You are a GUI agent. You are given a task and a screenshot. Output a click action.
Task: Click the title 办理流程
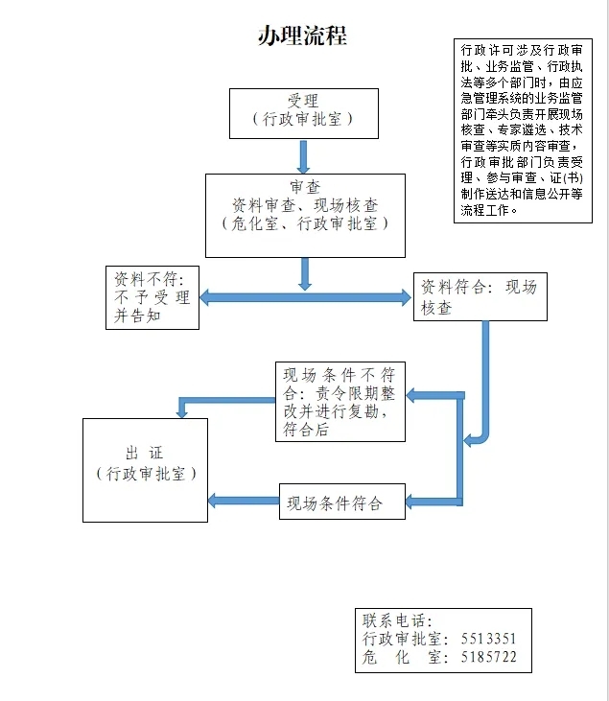(x=302, y=35)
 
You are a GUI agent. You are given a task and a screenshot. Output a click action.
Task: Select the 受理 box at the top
(x=304, y=113)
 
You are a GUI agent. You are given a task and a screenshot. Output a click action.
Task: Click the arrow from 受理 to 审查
(x=304, y=156)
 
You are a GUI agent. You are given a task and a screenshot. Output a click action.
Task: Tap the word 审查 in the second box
(x=305, y=186)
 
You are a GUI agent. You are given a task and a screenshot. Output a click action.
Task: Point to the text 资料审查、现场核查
(x=305, y=205)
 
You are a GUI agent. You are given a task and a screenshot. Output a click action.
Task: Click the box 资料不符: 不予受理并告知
(x=152, y=297)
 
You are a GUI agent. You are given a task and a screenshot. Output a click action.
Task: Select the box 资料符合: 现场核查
(x=480, y=297)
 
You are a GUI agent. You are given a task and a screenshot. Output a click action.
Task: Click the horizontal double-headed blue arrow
(x=305, y=297)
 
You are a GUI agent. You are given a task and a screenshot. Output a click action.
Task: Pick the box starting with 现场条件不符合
(x=340, y=402)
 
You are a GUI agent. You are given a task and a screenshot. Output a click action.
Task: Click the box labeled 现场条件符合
(x=342, y=502)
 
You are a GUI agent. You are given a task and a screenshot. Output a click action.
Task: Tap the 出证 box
(x=146, y=470)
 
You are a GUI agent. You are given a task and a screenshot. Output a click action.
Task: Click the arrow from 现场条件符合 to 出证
(x=244, y=501)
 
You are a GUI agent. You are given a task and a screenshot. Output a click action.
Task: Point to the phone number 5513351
(x=489, y=639)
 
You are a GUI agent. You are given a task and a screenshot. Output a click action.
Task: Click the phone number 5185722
(x=489, y=657)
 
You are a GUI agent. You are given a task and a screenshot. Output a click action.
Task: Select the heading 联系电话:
(x=397, y=620)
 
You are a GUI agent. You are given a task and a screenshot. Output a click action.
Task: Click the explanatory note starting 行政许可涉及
(x=523, y=130)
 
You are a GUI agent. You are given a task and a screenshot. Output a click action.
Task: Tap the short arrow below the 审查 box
(x=305, y=273)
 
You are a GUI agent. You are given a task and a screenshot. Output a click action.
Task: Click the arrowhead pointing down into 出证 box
(x=181, y=412)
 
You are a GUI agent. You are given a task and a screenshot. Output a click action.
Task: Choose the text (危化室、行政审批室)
(x=305, y=223)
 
